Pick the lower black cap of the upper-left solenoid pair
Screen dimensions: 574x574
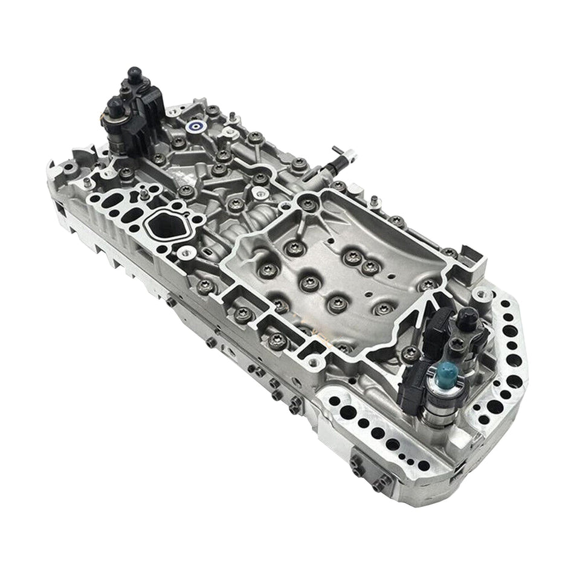pyautogui.click(x=115, y=111)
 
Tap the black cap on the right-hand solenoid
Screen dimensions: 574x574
pyautogui.click(x=468, y=317)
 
